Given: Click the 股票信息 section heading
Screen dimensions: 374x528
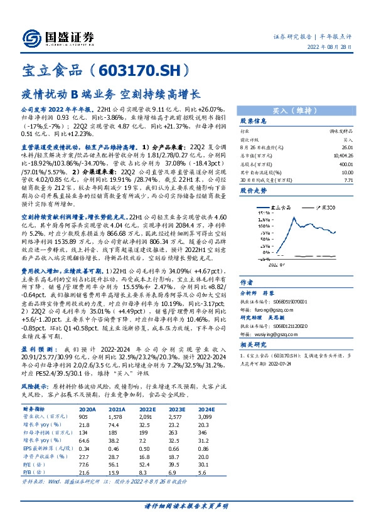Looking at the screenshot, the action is (254, 122).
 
